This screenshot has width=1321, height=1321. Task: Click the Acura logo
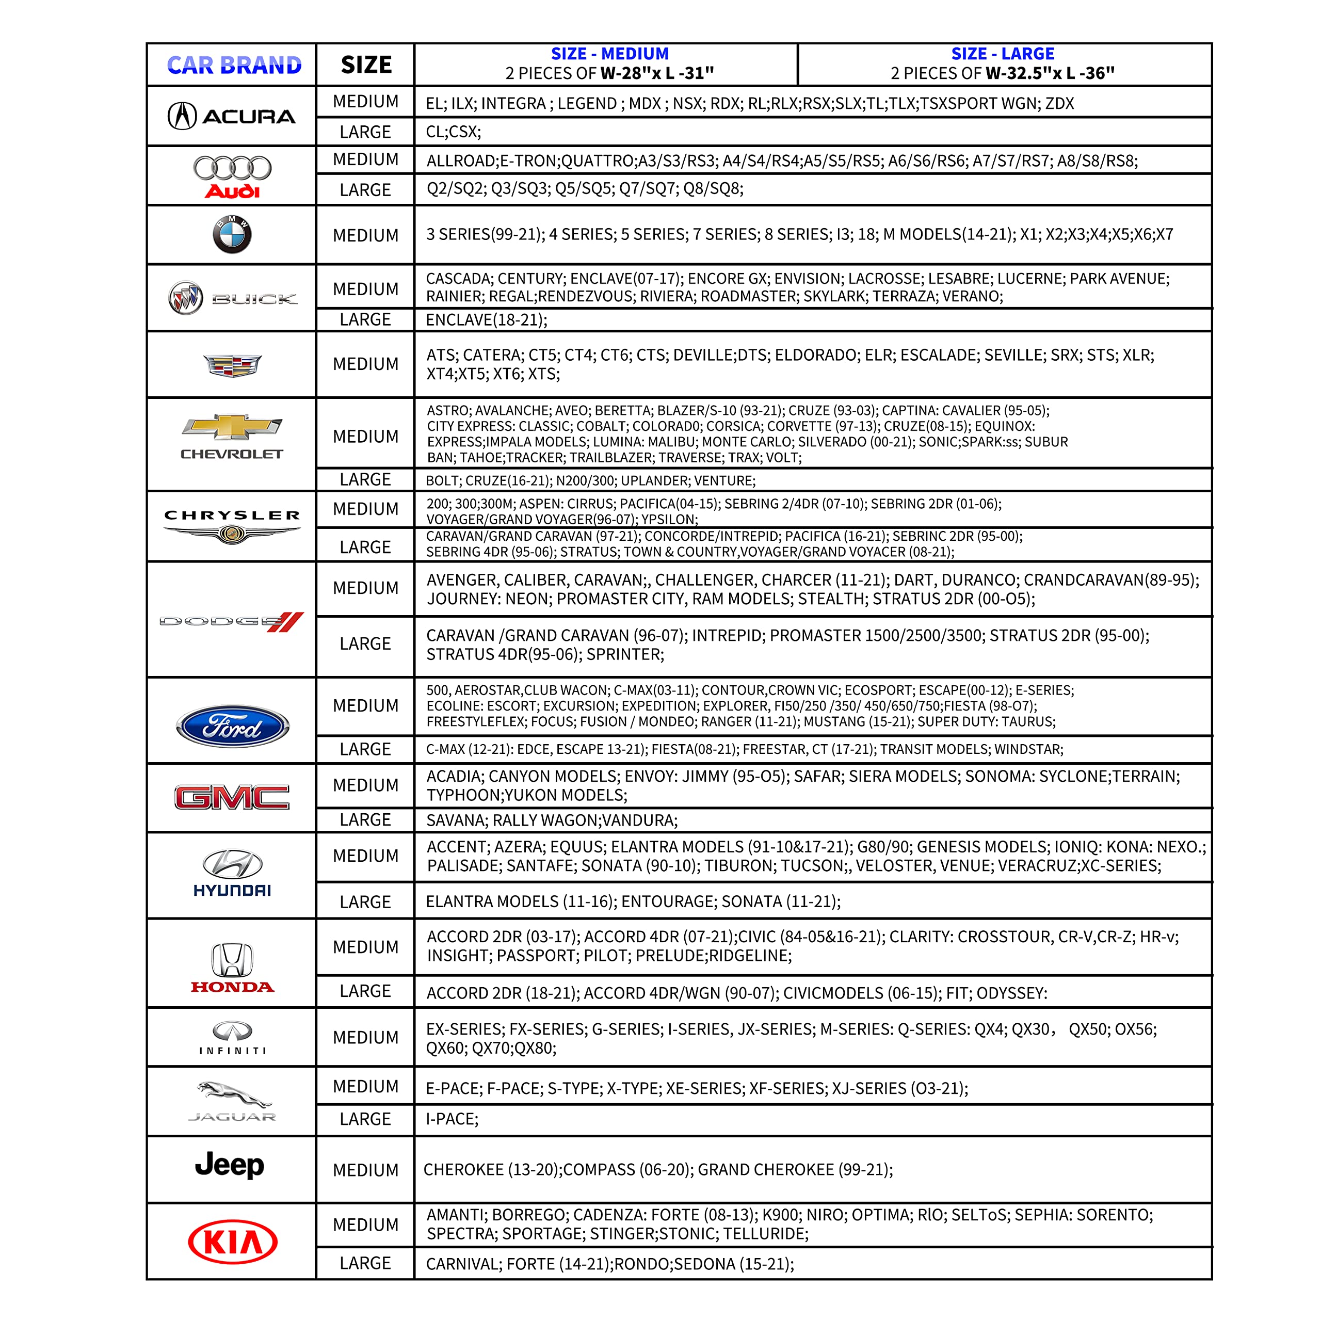click(231, 116)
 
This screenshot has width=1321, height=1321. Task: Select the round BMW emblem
click(232, 234)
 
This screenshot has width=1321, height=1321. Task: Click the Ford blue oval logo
click(233, 726)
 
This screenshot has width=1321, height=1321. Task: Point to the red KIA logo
click(233, 1242)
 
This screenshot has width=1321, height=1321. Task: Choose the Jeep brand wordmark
click(230, 1165)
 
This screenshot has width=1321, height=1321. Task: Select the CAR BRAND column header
click(234, 65)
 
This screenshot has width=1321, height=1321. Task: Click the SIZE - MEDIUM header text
click(609, 54)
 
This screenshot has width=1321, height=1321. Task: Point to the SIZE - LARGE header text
click(1003, 54)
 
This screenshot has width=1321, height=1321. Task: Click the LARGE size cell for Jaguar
click(365, 1119)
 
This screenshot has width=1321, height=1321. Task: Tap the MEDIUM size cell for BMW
click(365, 235)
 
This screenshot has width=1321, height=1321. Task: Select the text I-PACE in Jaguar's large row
click(452, 1119)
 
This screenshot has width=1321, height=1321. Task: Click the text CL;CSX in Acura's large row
click(453, 132)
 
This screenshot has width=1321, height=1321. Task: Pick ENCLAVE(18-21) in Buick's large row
click(486, 320)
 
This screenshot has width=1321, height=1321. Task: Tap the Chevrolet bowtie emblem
click(232, 427)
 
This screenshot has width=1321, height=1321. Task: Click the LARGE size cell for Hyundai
click(365, 902)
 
